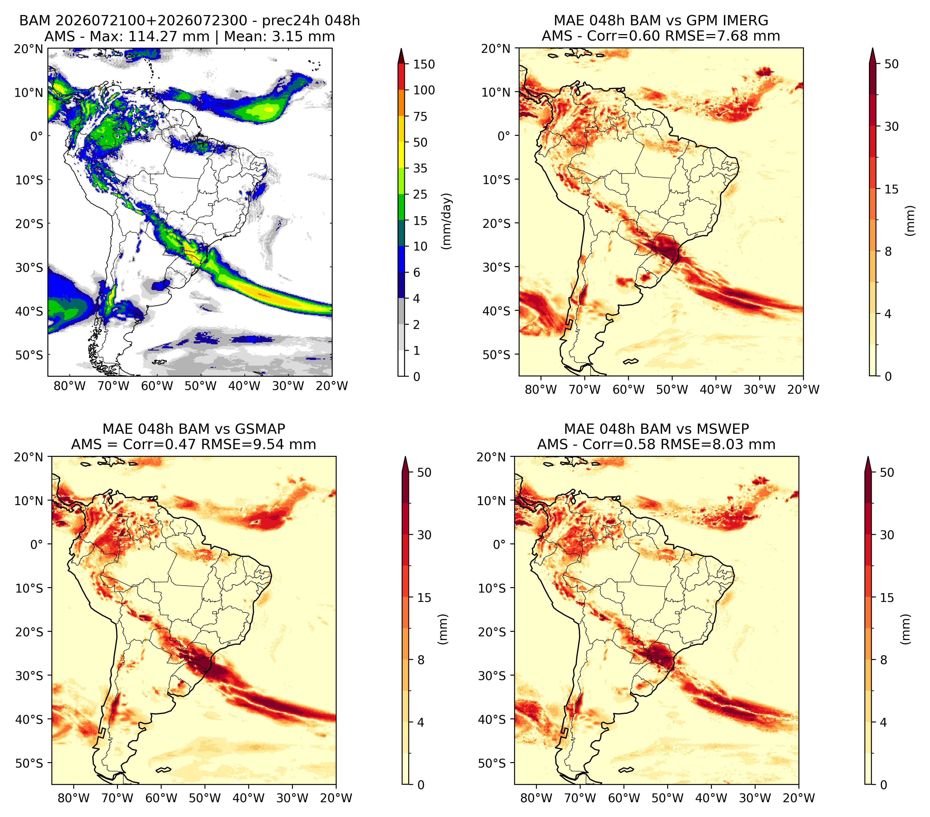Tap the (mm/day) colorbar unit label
point(447,221)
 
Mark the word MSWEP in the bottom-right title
point(723,429)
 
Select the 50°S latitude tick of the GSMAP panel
point(30,763)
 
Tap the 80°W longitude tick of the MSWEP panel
point(536,798)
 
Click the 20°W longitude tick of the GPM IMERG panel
point(803,389)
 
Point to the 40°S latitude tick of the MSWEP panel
point(492,719)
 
